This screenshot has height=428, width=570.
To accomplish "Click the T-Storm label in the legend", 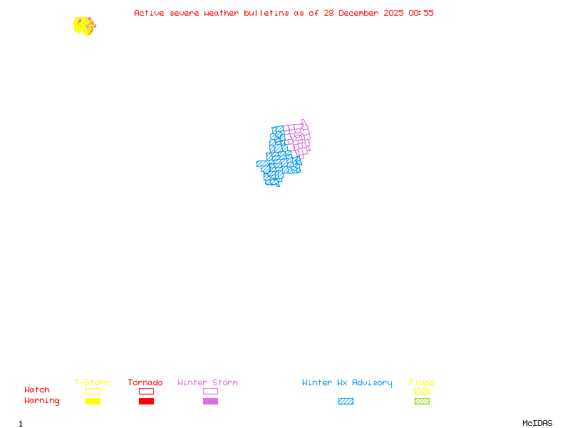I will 92,383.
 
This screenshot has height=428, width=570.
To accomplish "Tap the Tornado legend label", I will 145,383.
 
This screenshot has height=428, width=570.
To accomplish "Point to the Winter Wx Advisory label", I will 347,383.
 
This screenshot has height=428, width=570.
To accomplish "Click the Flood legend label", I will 422,383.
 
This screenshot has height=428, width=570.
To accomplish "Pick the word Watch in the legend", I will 37,390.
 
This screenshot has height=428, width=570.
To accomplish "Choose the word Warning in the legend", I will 42,401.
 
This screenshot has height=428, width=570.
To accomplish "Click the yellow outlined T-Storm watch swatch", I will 93,391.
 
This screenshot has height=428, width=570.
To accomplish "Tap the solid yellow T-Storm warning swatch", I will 93,401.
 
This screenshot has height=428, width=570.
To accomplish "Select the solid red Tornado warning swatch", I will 146,401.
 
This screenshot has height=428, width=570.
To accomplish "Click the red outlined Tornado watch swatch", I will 146,391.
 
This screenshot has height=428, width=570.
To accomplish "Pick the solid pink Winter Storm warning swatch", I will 210,401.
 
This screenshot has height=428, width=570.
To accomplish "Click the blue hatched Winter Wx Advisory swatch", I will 346,401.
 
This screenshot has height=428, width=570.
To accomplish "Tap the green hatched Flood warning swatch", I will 422,401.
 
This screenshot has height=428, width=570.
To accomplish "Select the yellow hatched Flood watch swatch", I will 422,391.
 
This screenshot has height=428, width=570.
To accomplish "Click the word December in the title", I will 358,13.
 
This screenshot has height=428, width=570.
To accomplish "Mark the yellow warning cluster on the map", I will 83,26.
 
